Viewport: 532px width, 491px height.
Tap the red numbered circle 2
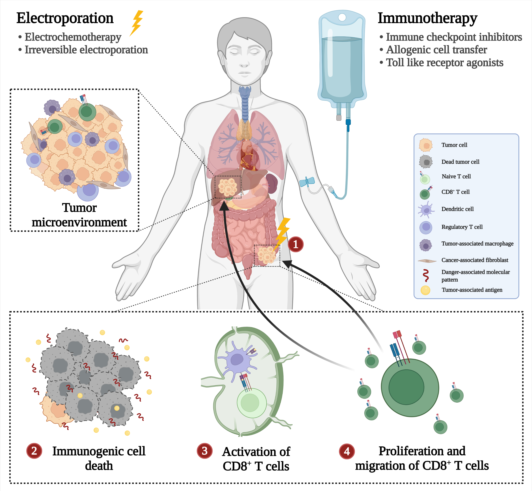pos(34,451)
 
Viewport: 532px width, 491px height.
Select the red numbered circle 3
pos(204,451)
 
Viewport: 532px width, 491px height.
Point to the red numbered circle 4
pos(347,451)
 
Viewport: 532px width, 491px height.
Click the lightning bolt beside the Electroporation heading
pos(137,23)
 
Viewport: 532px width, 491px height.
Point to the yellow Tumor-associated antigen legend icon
pos(425,290)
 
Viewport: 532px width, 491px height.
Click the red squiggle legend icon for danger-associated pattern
pos(426,275)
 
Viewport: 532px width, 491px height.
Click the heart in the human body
pos(248,155)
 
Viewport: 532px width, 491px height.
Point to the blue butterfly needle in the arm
pos(307,182)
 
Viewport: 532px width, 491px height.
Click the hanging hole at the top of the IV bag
pos(342,17)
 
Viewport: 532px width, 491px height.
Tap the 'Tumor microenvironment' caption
pos(79,215)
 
